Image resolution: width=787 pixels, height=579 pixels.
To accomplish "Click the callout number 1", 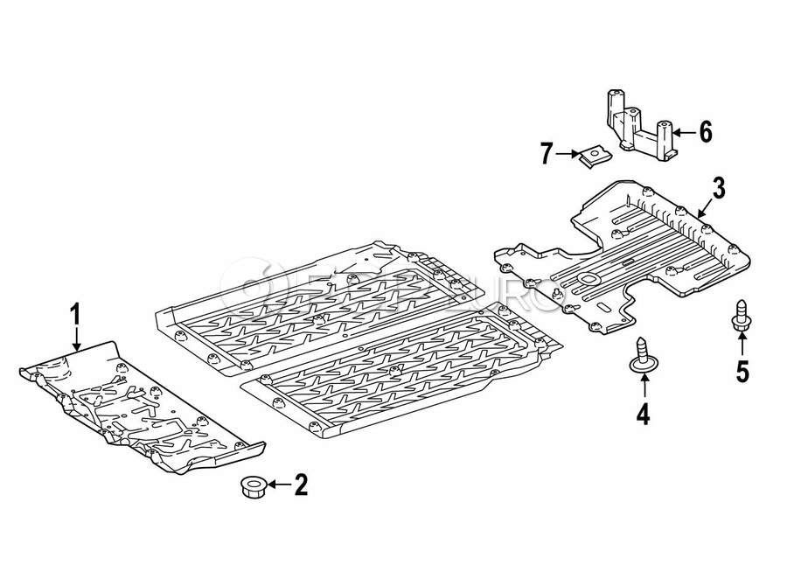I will point(76,313).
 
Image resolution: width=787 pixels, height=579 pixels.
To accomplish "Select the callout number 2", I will point(301,485).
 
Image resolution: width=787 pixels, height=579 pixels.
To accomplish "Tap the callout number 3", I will point(718,186).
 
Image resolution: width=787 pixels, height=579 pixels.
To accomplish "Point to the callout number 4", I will point(643,413).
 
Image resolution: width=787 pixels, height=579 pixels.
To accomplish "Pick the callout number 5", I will point(742,371).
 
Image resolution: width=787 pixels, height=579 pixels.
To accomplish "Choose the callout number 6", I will point(705,132).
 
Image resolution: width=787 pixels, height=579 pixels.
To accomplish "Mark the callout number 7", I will point(547,155).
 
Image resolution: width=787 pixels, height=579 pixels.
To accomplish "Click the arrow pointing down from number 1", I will point(76,338).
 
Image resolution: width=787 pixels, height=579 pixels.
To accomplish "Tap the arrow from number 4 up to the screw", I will point(643,387).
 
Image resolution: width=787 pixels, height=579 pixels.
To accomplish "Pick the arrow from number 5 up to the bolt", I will point(742,345).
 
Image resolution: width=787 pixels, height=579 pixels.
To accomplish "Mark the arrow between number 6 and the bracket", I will point(685,132).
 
